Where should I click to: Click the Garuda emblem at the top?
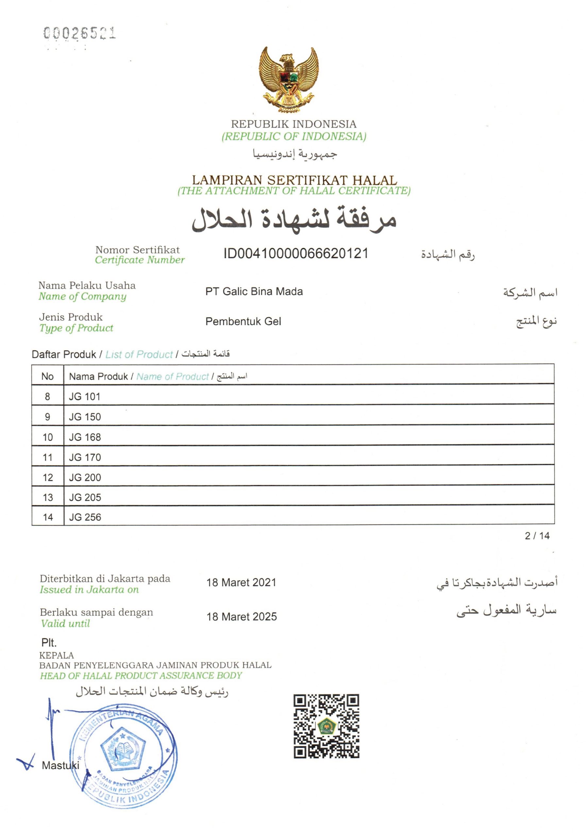pos(289,79)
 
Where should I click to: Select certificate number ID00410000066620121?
pos(296,253)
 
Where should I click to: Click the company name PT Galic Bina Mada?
pos(254,291)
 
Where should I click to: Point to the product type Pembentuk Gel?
pos(243,321)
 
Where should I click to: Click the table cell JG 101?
pos(85,396)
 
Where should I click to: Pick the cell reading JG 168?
pos(85,437)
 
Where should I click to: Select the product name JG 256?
pos(85,517)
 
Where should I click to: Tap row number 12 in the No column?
pos(48,477)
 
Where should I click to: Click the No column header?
pos(47,376)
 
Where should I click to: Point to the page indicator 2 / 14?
pos(537,536)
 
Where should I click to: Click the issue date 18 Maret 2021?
pos(241,583)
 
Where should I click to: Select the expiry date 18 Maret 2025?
pos(242,617)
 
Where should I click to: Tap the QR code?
pos(326,726)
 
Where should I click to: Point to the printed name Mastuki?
pos(60,765)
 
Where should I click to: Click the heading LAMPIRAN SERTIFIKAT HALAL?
pos(294,180)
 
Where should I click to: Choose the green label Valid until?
pos(65,624)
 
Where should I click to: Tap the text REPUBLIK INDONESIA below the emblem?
pos(293,124)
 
